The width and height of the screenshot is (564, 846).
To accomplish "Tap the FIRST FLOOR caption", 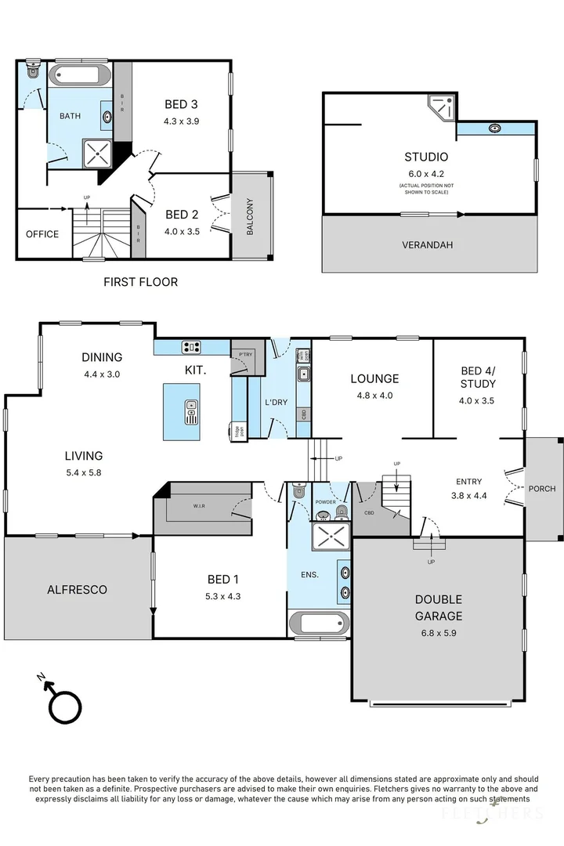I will [141, 282].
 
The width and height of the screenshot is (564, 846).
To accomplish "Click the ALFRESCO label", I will [77, 589].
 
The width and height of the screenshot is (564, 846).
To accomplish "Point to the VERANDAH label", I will [428, 245].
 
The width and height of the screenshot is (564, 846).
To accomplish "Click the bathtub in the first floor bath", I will [80, 76].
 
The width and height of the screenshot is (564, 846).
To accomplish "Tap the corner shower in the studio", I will [440, 108].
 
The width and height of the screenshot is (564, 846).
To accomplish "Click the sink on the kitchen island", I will [192, 411].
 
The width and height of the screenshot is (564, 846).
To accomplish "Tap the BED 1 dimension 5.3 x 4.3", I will [219, 595].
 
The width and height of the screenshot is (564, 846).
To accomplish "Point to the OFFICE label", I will [42, 234].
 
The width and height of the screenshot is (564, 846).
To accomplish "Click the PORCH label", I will [542, 489].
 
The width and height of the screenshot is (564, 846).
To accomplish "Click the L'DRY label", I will [277, 402].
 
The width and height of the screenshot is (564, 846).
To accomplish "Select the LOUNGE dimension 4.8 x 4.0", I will [374, 396].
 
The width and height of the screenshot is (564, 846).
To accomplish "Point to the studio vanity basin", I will [495, 128].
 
